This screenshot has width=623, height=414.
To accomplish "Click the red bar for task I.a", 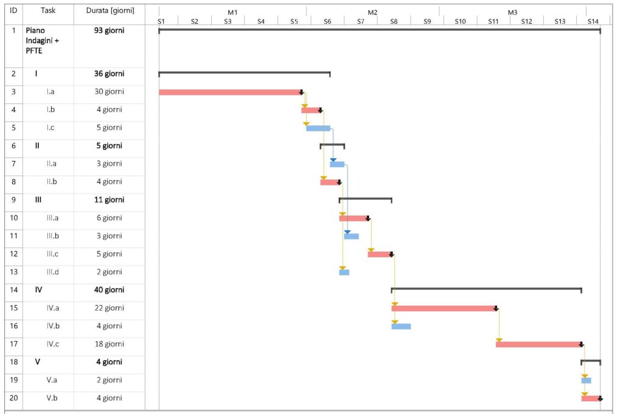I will point(230,92).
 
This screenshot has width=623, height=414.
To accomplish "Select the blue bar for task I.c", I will point(318,128).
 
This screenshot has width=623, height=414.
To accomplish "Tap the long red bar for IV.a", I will point(444,308).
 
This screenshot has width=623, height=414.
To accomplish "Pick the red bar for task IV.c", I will point(539,345).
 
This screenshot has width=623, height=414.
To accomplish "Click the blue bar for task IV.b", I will point(401,326).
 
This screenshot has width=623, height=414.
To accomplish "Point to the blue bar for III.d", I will point(344,272).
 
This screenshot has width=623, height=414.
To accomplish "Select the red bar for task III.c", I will point(380,254).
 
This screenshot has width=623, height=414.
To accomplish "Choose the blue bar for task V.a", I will point(586,381).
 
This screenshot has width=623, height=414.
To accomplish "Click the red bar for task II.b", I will point(330,182).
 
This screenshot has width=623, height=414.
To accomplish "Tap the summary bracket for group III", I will point(365,199).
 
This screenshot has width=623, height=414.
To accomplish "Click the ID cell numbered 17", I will point(15,344).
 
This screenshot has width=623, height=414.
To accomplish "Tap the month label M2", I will point(372,12).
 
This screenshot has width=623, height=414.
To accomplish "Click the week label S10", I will point(460,21).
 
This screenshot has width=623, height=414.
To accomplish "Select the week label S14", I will point(593,21).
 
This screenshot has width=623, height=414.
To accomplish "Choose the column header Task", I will point(48,11).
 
